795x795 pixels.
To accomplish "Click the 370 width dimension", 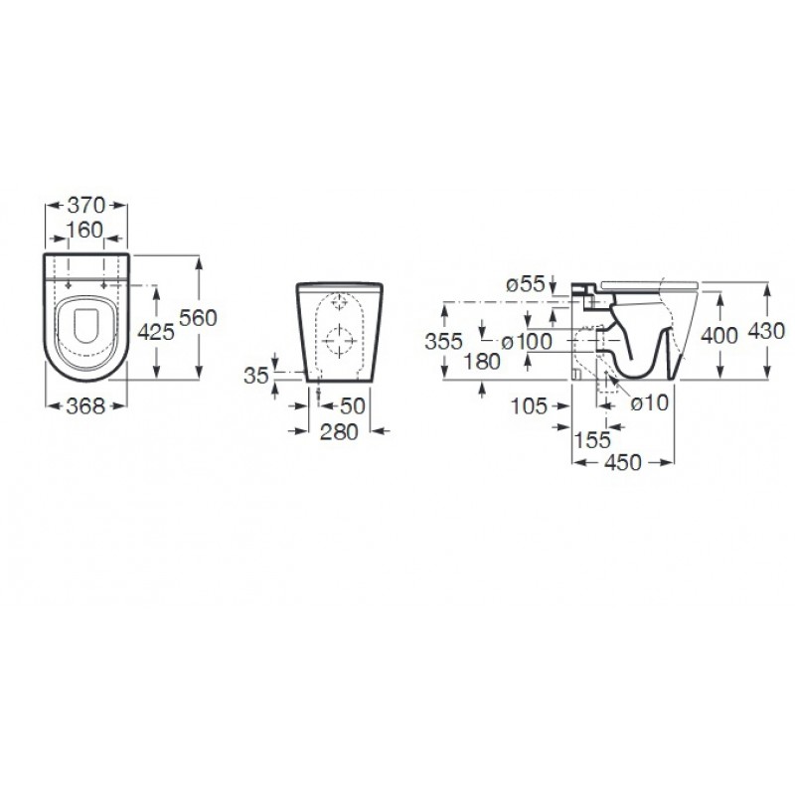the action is tap(86, 206).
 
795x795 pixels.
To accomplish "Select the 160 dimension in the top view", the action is tap(84, 231).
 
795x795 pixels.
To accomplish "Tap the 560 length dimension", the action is tap(198, 318).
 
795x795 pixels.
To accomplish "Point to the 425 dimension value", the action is tap(156, 332).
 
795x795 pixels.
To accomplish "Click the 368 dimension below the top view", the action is tap(85, 406).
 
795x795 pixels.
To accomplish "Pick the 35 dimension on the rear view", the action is tap(256, 376).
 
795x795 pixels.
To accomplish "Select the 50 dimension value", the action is tap(353, 405).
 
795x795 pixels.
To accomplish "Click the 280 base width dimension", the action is tap(339, 432).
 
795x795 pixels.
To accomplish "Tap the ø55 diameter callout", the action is tap(526, 284).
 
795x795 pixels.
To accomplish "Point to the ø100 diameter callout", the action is tap(527, 342).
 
